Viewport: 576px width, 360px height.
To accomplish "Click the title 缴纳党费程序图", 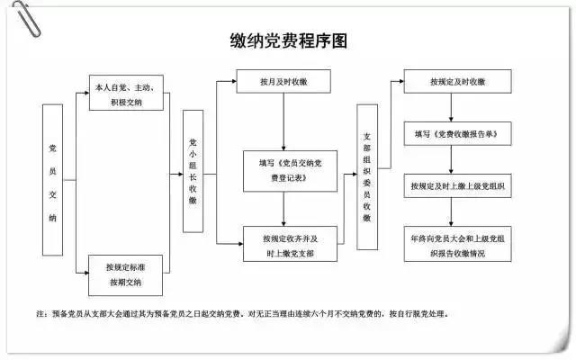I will point(288,40).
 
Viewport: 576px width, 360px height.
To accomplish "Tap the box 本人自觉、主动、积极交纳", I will point(126,94).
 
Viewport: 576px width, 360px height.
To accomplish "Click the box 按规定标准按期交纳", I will point(126,274).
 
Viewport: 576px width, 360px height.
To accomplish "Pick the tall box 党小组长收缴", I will point(193,171).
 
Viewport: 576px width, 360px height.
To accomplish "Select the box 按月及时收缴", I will point(283,82).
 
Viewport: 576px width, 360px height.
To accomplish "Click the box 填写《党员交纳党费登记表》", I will point(283,170).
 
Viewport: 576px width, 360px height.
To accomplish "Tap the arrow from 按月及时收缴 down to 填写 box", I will point(283,121).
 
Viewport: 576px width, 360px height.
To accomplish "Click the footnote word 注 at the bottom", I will point(40,314).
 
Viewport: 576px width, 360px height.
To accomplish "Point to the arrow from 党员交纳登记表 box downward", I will point(283,209).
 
